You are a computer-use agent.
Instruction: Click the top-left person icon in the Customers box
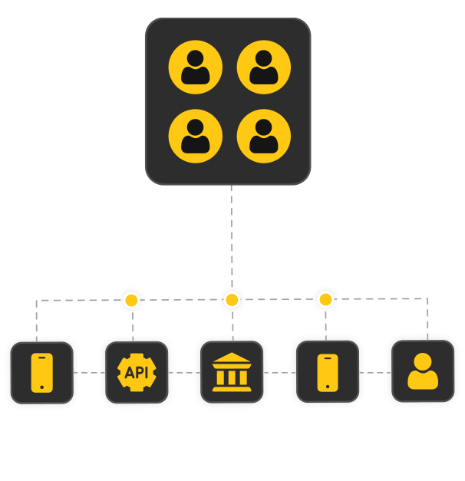pyautogui.click(x=195, y=67)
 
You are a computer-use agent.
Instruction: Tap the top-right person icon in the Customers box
pyautogui.click(x=263, y=67)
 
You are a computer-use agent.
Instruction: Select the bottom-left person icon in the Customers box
pyautogui.click(x=195, y=136)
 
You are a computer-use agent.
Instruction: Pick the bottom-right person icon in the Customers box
pyautogui.click(x=263, y=136)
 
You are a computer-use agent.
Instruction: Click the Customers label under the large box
pyautogui.click(x=228, y=214)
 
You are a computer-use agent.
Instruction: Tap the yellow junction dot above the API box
pyautogui.click(x=132, y=300)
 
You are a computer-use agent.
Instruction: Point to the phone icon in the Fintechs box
pyautogui.click(x=41, y=373)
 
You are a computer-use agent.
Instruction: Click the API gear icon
pyautogui.click(x=136, y=373)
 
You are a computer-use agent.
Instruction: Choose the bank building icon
pyautogui.click(x=231, y=373)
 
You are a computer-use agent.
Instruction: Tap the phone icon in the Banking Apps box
pyautogui.click(x=327, y=373)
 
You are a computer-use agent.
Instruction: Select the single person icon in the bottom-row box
pyautogui.click(x=423, y=371)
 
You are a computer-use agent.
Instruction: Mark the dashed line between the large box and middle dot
pyautogui.click(x=231, y=253)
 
